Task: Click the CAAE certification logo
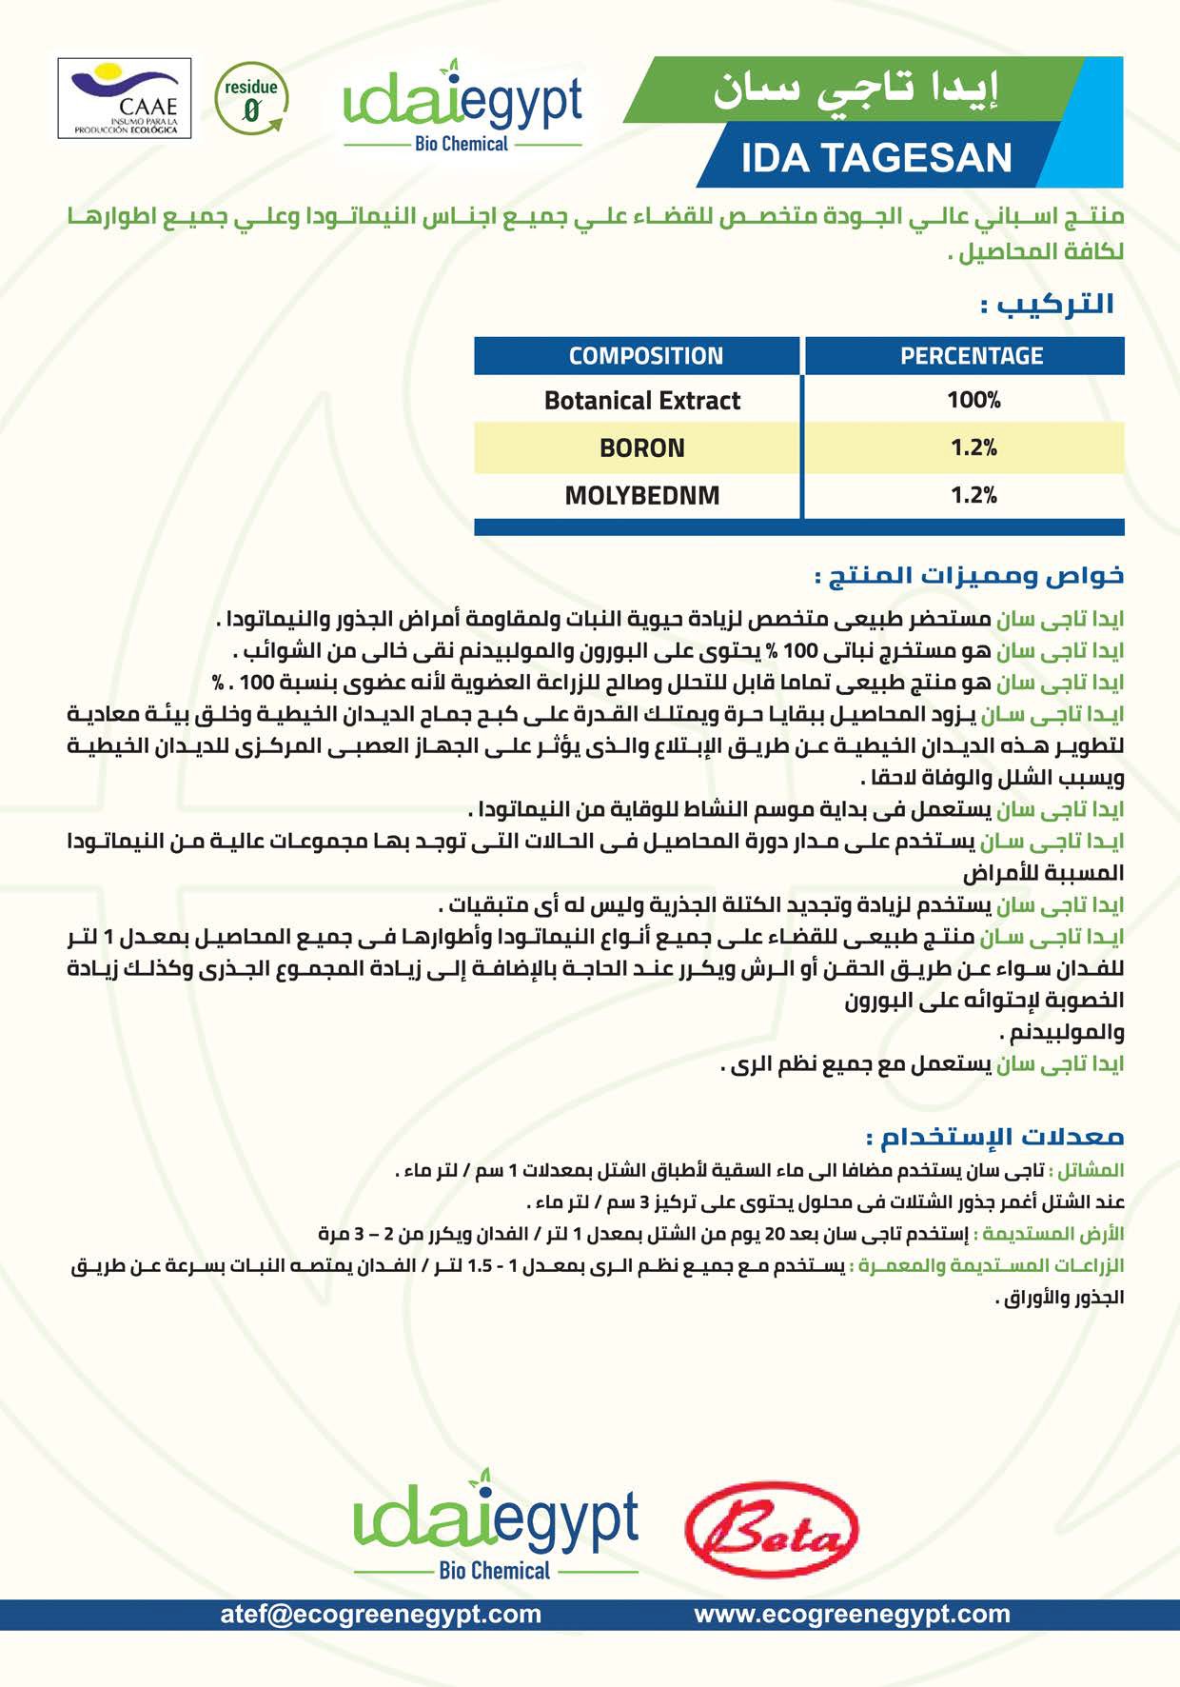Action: [x=125, y=98]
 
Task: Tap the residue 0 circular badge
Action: [x=250, y=99]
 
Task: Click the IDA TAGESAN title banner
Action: [x=876, y=158]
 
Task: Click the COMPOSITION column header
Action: [x=645, y=356]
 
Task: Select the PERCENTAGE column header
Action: [x=972, y=356]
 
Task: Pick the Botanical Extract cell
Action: [x=641, y=400]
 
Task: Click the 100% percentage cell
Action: [x=973, y=400]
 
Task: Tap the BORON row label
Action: [x=641, y=447]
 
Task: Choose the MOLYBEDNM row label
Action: [x=641, y=495]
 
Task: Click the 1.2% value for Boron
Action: [x=973, y=447]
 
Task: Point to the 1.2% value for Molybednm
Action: [x=973, y=495]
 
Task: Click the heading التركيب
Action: [x=1048, y=305]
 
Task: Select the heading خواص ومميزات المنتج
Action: [x=969, y=576]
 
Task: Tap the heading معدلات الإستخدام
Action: [x=994, y=1137]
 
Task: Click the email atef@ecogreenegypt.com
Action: [x=381, y=1614]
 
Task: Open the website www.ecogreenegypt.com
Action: [x=852, y=1614]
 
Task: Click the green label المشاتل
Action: [x=1090, y=1170]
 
